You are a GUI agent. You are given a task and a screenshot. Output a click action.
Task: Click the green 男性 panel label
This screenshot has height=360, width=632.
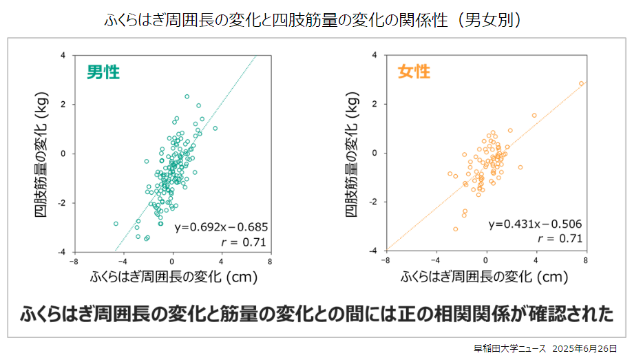(104, 72)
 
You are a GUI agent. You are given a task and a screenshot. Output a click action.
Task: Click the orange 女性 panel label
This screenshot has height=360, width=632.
(414, 72)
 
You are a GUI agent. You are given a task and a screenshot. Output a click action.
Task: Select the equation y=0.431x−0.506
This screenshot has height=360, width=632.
(535, 224)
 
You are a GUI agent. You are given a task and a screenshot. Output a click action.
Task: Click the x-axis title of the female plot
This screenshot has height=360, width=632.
(485, 277)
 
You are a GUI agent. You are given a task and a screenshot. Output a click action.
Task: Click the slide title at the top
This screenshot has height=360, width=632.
(316, 19)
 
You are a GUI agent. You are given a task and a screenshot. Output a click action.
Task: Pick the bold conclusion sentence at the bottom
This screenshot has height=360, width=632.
(316, 314)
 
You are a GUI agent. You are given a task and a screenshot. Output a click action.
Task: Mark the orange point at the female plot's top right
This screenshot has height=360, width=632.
(582, 83)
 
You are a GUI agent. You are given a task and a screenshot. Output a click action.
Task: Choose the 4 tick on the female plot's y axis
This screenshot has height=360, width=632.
(374, 54)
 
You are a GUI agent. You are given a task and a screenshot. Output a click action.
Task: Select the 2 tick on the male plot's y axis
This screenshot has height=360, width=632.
(64, 105)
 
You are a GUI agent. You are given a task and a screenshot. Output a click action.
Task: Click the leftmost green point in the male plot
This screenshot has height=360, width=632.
(116, 224)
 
